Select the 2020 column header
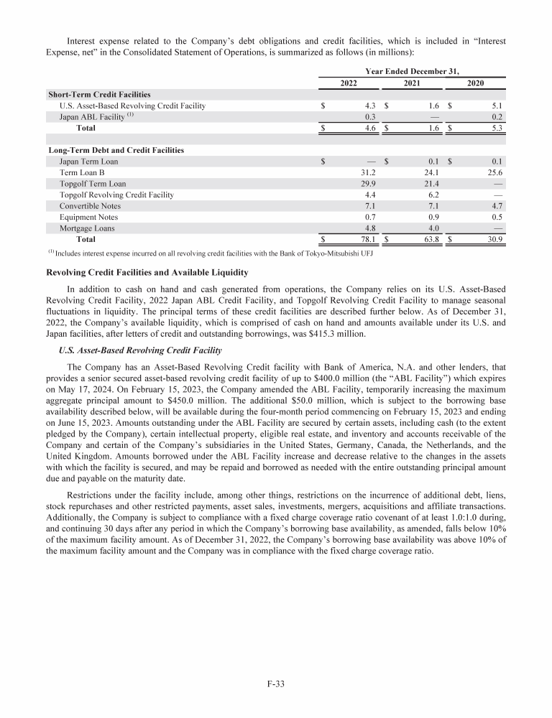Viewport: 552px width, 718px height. pos(475,83)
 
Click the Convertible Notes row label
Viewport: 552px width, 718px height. pos(90,206)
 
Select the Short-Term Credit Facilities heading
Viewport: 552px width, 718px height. pos(99,95)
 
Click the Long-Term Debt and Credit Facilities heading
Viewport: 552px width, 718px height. pos(116,150)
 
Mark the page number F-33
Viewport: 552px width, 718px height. pos(276,684)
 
